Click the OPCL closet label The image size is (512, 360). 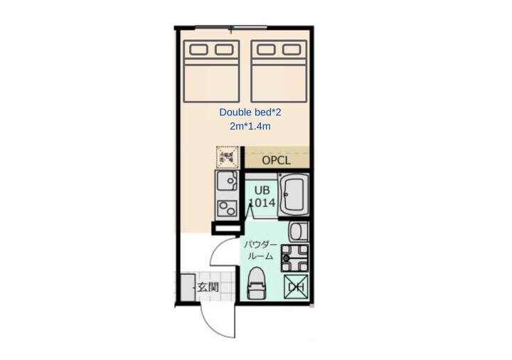pos(276,160)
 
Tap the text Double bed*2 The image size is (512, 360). pos(250,112)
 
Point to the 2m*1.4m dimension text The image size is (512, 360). pos(250,126)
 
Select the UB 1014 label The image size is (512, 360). pos(262,196)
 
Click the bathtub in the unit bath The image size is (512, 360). pos(293,194)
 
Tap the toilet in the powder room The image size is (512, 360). pos(257,283)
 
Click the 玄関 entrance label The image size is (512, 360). pos(208,287)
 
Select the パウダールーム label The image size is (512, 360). pos(260,250)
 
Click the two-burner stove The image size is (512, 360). pos(228,208)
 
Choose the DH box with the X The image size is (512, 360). pos(296,287)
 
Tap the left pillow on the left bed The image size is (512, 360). pos(198,50)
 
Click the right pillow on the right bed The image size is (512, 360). pos(292,50)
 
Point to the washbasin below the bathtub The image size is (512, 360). pos(299,231)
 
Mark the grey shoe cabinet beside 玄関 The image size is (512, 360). pos(188,287)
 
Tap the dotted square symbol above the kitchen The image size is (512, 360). pos(228,157)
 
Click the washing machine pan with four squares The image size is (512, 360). pos(295,258)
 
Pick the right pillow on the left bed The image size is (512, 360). pos(224,50)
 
